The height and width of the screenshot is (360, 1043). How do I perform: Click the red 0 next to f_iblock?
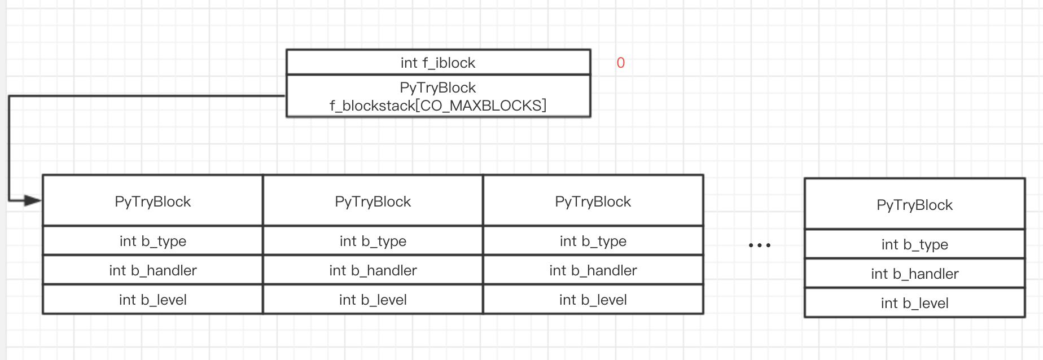point(620,63)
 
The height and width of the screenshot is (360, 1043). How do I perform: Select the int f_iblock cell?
point(438,63)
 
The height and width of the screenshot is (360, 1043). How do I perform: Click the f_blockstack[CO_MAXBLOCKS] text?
point(438,106)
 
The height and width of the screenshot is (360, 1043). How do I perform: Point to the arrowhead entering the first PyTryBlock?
point(33,200)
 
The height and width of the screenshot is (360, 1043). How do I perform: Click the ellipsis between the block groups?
point(759,245)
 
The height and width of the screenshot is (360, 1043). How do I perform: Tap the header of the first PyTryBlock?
point(152,201)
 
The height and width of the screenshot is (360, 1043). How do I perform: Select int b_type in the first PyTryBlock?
point(152,241)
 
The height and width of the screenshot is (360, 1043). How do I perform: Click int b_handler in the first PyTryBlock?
point(152,270)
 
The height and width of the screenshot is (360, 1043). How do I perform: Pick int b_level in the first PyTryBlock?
point(152,300)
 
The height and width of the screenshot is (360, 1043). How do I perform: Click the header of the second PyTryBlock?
point(373,201)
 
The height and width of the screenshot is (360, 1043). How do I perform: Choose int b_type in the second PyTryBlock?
point(373,241)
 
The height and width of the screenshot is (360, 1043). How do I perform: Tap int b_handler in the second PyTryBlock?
point(373,270)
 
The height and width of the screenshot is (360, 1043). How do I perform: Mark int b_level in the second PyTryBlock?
point(373,300)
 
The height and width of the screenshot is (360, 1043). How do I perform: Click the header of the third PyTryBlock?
point(593,201)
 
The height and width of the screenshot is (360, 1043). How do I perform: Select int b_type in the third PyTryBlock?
point(593,241)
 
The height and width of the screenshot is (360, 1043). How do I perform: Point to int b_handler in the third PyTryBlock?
point(593,270)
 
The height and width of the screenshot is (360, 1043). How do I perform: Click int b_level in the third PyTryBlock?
point(593,300)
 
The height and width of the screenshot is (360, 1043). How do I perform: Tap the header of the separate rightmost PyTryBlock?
point(914,205)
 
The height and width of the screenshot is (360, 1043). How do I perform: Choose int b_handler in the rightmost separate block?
point(914,274)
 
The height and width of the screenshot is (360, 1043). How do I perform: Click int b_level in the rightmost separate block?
point(914,303)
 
